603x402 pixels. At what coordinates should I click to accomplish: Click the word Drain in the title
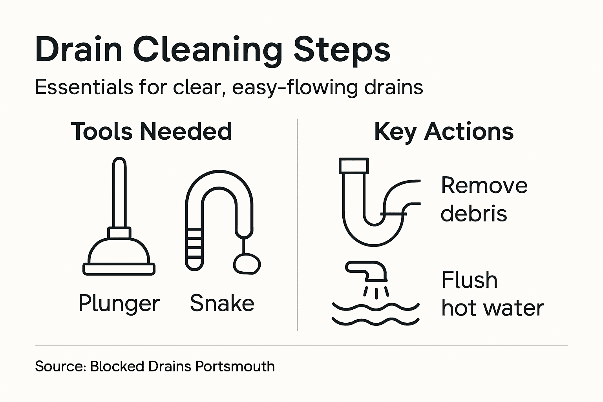click(x=79, y=49)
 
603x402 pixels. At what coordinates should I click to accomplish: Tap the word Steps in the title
click(x=342, y=50)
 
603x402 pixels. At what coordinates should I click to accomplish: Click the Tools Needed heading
click(x=151, y=131)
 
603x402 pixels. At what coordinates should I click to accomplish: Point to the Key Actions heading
click(x=444, y=131)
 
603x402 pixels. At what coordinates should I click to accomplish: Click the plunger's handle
click(x=119, y=192)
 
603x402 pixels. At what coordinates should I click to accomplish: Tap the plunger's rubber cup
click(x=119, y=253)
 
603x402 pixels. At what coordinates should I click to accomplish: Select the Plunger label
click(x=119, y=303)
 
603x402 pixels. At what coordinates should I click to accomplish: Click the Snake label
click(x=222, y=303)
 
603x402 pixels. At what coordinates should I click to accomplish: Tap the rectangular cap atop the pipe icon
click(x=353, y=166)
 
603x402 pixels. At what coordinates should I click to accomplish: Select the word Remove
click(x=484, y=185)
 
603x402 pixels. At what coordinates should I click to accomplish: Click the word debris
click(x=473, y=214)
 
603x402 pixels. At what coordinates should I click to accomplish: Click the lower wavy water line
click(x=375, y=321)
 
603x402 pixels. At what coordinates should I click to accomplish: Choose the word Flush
click(x=469, y=280)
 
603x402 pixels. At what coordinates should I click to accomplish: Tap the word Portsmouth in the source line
click(x=235, y=366)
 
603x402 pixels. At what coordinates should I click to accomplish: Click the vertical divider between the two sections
click(x=297, y=224)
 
